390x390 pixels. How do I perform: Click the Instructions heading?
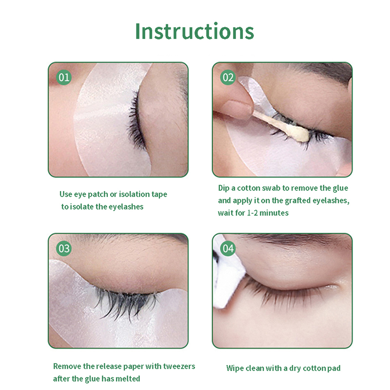tap(195, 31)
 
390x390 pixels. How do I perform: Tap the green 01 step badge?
tap(64, 78)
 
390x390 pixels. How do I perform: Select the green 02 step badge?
tap(228, 78)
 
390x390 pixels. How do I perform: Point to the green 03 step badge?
tap(64, 249)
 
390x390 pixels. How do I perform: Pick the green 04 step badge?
tap(228, 249)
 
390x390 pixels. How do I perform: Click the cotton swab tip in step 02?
tap(301, 135)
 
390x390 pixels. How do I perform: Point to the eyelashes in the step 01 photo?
tap(136, 122)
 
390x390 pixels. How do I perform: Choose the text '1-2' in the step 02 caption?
tap(252, 213)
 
